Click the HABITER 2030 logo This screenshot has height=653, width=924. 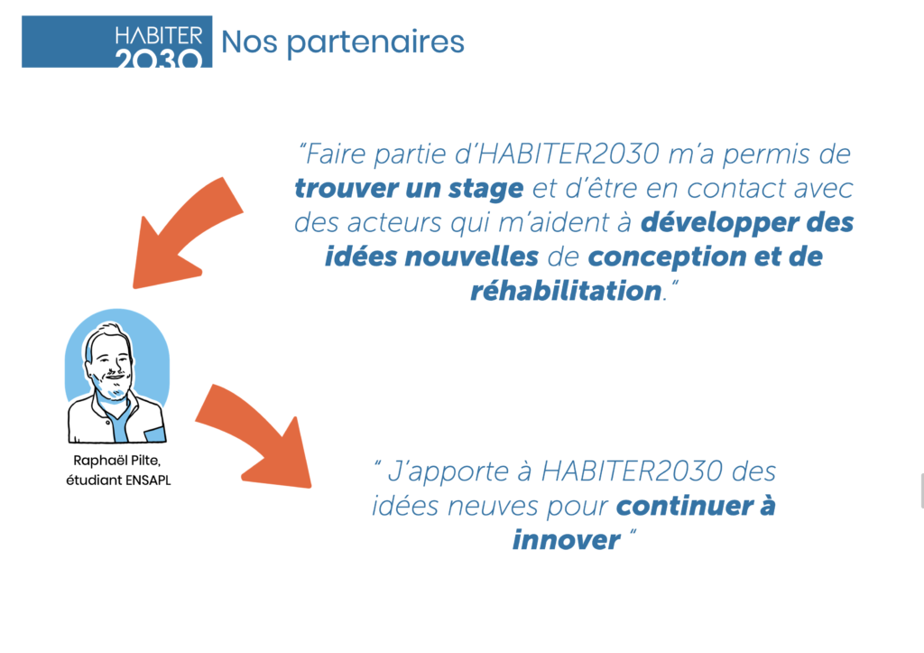pyautogui.click(x=116, y=42)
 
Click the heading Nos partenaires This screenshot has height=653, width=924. pyautogui.click(x=342, y=42)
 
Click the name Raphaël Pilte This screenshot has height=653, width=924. pyautogui.click(x=116, y=460)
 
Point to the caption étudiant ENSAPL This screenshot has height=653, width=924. pyautogui.click(x=118, y=480)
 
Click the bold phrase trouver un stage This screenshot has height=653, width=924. pyautogui.click(x=409, y=189)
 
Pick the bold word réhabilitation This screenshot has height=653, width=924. pyautogui.click(x=566, y=291)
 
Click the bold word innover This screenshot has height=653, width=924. pyautogui.click(x=566, y=540)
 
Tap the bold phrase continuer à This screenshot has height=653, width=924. pyautogui.click(x=696, y=506)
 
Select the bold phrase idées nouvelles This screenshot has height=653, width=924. pyautogui.click(x=431, y=257)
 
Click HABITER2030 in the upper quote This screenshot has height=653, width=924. pyautogui.click(x=568, y=154)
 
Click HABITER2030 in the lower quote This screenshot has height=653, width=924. pyautogui.click(x=631, y=471)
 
